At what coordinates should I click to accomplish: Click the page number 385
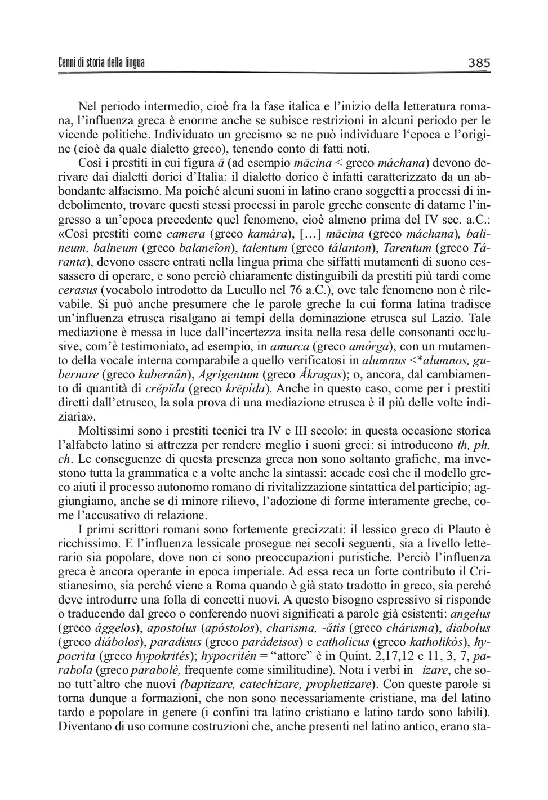click(479, 62)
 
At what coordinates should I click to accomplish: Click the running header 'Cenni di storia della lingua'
click(101, 62)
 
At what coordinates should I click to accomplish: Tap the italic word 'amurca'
click(289, 346)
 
